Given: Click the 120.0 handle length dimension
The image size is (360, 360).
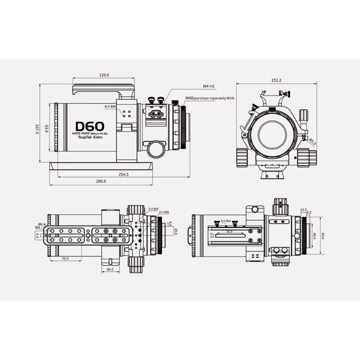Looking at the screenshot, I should click(104, 75).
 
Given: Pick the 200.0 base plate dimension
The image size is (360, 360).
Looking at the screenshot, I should click(101, 181).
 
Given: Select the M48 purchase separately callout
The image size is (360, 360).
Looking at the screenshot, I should click(208, 97).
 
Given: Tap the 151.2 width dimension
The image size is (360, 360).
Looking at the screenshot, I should click(276, 79).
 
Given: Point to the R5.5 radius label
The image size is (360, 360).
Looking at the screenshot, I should click(313, 142).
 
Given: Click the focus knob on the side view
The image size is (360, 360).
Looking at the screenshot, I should click(153, 148).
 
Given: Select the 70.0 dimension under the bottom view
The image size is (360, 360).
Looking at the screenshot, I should click(64, 259).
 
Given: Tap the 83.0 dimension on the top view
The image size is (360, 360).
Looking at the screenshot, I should click(322, 236).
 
